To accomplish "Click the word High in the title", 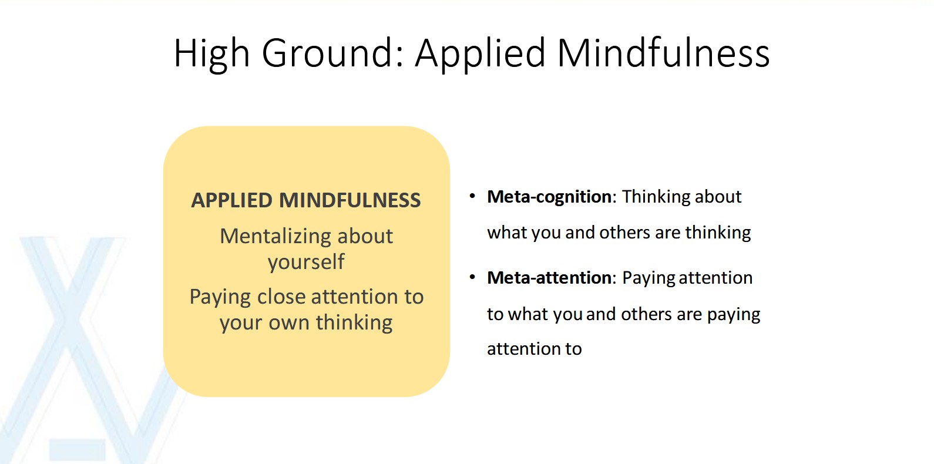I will (211, 53).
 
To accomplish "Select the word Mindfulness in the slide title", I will (663, 53).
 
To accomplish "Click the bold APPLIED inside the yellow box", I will (232, 200).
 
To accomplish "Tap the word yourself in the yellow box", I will (306, 262).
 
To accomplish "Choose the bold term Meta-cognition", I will (549, 197).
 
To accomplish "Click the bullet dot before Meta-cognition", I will (472, 196).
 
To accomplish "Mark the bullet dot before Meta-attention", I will (472, 277).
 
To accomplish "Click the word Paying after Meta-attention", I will (649, 278).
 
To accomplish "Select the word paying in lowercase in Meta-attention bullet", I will (734, 315).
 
